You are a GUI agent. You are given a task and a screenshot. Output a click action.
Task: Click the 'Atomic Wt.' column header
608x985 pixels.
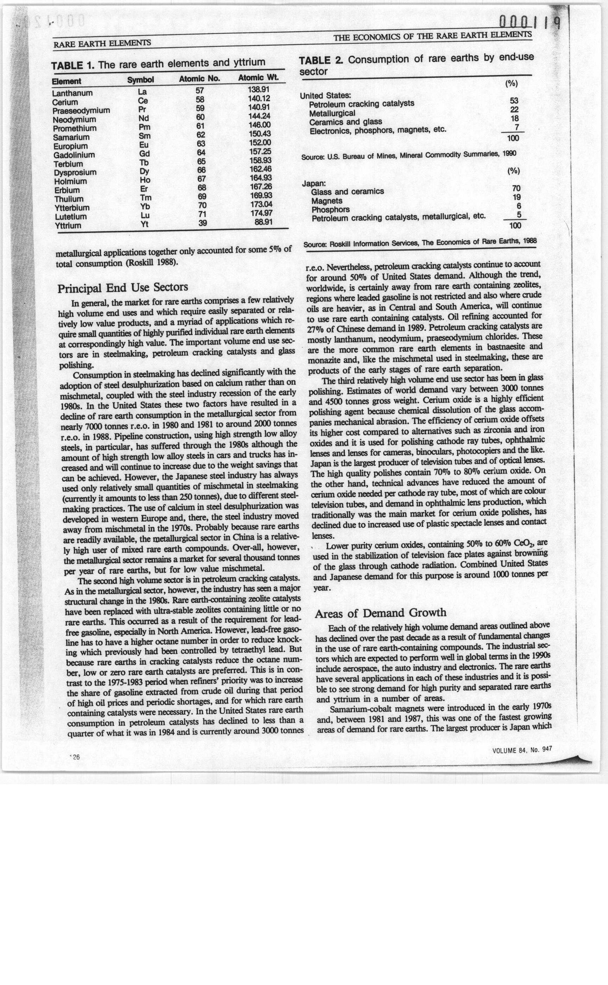(x=258, y=78)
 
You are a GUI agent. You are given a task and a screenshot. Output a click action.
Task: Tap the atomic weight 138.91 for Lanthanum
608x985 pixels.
(x=259, y=89)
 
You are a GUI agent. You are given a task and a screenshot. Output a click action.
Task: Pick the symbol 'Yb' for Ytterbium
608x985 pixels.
(x=145, y=206)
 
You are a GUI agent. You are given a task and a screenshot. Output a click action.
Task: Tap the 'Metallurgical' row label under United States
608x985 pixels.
(x=332, y=113)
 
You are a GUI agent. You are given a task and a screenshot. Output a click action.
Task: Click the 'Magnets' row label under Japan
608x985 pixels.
(x=327, y=201)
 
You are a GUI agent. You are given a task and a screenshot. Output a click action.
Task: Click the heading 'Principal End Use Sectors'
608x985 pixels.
(x=123, y=288)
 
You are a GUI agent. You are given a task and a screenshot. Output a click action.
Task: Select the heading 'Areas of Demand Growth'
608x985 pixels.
(x=380, y=613)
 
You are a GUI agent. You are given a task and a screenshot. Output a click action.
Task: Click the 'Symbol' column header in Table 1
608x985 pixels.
(x=140, y=80)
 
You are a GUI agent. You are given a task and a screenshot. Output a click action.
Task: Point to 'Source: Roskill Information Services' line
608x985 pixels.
(x=420, y=243)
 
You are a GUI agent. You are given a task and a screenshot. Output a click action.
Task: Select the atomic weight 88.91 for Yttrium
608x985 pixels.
(x=264, y=222)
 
